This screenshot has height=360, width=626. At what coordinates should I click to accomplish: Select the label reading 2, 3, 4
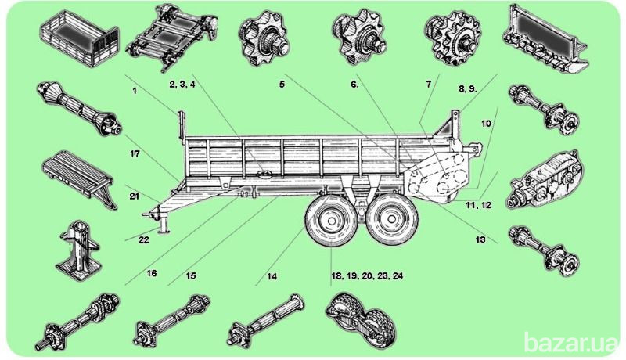[x=182, y=84]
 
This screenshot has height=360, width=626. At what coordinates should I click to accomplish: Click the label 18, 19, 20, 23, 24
[x=365, y=275]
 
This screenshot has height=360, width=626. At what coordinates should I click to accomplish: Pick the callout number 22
[x=143, y=239]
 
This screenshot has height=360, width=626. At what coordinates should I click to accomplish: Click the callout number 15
[x=191, y=275]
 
